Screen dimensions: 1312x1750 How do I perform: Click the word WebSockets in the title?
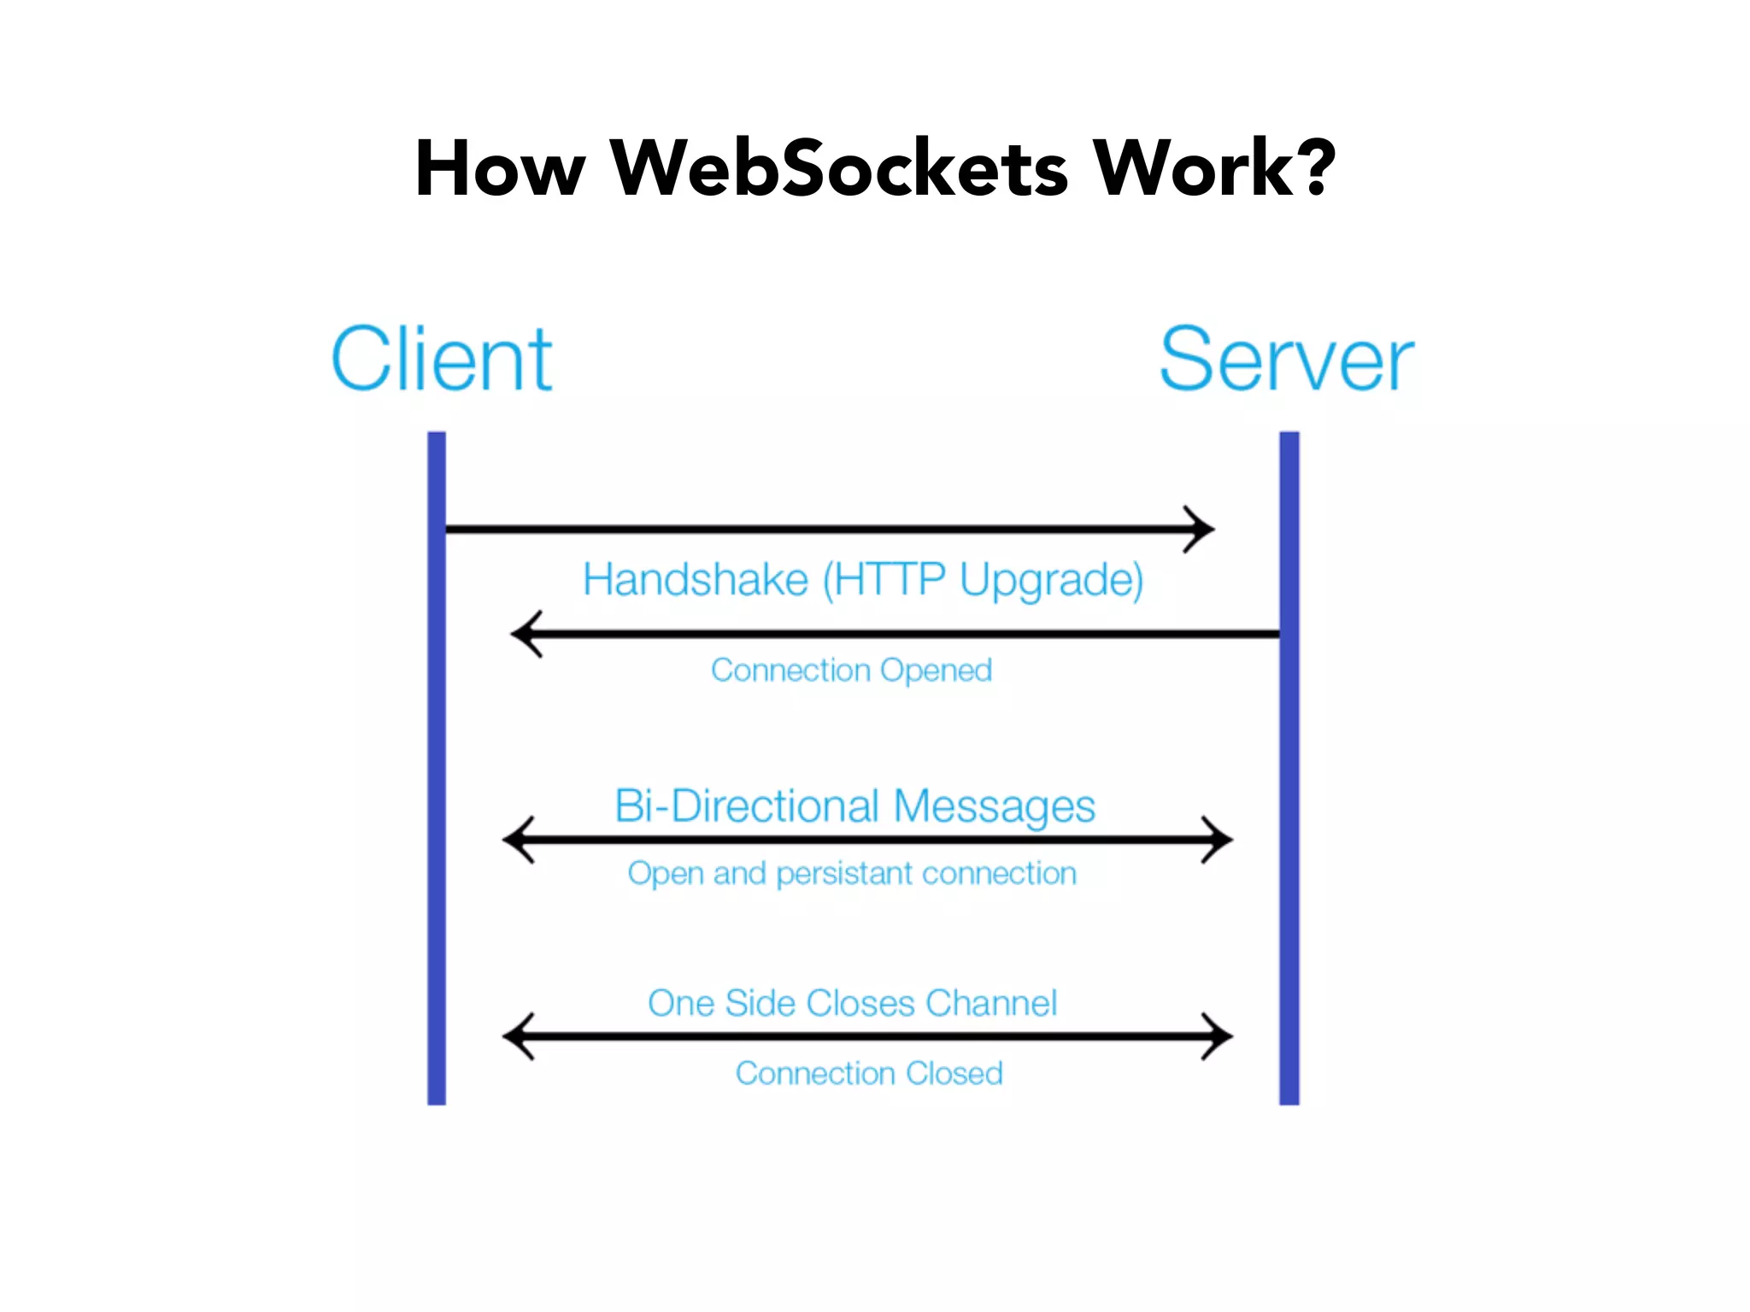(838, 168)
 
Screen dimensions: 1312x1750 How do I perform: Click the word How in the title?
(500, 168)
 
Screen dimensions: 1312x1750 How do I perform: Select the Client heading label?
(442, 360)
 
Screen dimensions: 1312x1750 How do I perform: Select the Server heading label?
(1286, 360)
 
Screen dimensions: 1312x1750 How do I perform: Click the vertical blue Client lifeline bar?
(437, 769)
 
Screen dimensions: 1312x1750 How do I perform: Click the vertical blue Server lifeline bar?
(1289, 769)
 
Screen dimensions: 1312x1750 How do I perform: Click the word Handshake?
(696, 579)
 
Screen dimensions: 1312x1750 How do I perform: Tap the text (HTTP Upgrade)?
(983, 581)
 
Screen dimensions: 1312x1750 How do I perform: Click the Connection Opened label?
(851, 671)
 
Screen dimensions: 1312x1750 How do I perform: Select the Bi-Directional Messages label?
(854, 805)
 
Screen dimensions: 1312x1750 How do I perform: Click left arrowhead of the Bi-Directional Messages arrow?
(515, 840)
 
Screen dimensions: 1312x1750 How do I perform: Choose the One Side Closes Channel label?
(852, 1003)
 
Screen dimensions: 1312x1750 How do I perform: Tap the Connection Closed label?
(869, 1074)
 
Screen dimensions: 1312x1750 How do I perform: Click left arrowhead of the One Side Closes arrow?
(515, 1036)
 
